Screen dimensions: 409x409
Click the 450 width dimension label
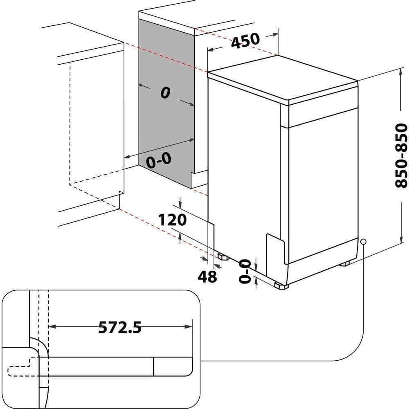point(245,40)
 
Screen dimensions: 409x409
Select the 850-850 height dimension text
point(401,155)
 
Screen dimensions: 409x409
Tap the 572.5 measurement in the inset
point(120,327)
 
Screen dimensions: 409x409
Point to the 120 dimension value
point(172,220)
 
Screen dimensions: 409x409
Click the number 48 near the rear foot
point(207,277)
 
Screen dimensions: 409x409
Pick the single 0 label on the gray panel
point(165,93)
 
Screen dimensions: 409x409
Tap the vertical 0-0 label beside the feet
point(245,271)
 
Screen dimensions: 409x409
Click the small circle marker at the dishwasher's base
point(362,242)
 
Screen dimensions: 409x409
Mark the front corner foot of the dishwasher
point(282,286)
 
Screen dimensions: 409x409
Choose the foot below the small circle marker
point(344,263)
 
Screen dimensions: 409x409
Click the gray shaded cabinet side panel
point(166,123)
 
